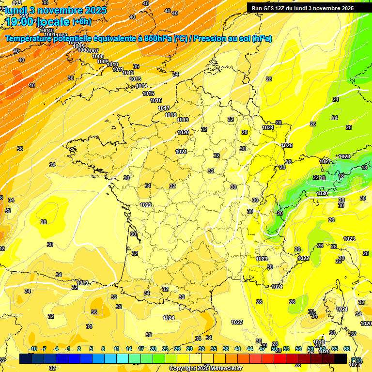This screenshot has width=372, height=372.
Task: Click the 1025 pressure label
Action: [x=287, y=145]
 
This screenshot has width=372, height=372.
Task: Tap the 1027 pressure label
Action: [x=325, y=161]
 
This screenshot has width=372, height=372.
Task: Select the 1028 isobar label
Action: [x=344, y=156]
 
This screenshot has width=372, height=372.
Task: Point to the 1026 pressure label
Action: [x=322, y=193]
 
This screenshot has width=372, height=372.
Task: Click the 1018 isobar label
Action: [x=170, y=115]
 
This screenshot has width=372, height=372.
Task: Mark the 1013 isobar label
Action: [x=135, y=79]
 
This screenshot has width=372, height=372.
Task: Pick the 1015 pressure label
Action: [x=148, y=93]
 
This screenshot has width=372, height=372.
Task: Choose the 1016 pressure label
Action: [x=156, y=100]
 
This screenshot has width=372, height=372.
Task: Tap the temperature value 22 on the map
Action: [x=316, y=177]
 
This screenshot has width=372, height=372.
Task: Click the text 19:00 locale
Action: [x=38, y=21]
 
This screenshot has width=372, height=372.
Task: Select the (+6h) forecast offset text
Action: [x=81, y=22]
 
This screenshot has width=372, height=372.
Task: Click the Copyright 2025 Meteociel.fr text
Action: [x=206, y=368]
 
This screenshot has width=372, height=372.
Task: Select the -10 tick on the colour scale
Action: [x=33, y=349]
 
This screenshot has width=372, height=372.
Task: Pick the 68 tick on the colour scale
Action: [x=347, y=349]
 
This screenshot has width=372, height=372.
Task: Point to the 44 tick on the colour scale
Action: [x=250, y=349]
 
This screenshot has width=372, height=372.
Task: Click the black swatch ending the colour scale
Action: [x=341, y=358]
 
